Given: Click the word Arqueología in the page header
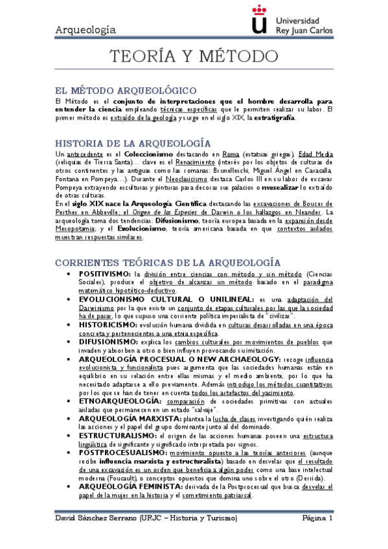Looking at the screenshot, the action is tap(86, 30).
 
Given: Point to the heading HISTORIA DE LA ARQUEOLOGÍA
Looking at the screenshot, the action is tap(133, 142).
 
